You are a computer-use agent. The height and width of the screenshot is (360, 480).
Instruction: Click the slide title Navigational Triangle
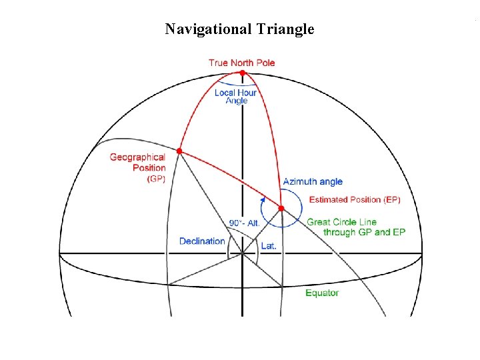[239, 29]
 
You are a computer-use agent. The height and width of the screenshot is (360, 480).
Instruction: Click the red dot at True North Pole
[242, 72]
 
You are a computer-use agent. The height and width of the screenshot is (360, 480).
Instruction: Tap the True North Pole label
[241, 63]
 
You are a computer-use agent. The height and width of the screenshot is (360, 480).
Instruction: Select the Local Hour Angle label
[235, 97]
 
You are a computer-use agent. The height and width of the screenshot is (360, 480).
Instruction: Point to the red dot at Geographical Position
[179, 151]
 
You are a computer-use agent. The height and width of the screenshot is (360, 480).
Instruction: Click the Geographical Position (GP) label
[138, 167]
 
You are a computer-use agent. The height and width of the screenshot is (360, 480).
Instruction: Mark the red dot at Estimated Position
[281, 209]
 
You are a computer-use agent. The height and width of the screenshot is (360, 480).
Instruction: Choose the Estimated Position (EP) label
[355, 199]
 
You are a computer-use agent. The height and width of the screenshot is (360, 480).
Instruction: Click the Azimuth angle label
[313, 181]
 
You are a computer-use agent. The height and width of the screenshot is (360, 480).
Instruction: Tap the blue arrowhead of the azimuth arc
[263, 198]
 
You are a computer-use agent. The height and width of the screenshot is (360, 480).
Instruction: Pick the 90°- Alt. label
[244, 223]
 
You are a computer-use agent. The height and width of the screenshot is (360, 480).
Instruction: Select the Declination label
[202, 241]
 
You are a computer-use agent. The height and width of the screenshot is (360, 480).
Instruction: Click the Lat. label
[268, 245]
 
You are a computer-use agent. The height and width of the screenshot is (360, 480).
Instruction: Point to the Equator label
[322, 293]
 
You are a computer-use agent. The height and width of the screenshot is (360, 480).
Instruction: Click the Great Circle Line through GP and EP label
[356, 227]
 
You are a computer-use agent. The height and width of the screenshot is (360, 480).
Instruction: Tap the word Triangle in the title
[281, 29]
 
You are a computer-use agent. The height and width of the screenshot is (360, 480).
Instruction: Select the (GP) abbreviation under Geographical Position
[156, 178]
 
